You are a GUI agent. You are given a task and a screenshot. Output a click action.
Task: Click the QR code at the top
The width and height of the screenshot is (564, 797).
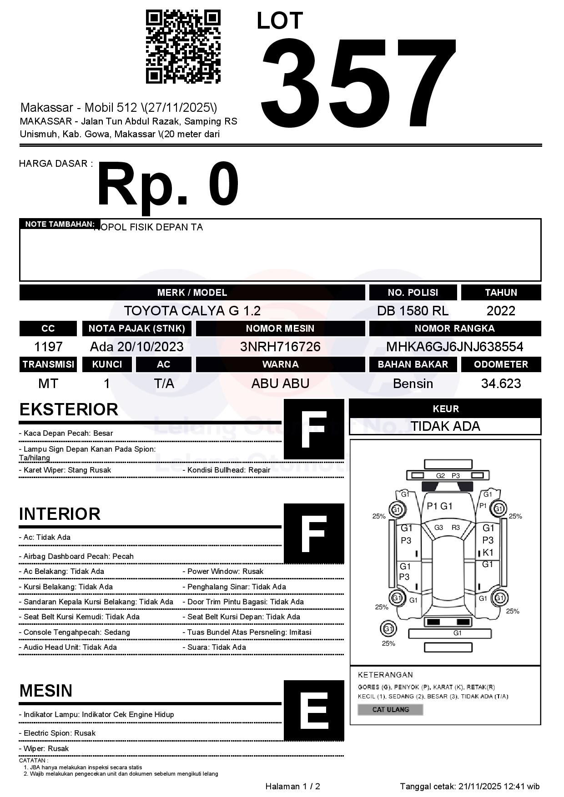[183, 47]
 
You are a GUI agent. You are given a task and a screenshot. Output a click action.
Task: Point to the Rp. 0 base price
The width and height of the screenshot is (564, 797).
[167, 185]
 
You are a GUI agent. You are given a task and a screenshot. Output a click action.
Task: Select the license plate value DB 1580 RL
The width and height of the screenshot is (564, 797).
[413, 311]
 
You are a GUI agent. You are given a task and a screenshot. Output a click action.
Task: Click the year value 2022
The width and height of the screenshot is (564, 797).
[501, 311]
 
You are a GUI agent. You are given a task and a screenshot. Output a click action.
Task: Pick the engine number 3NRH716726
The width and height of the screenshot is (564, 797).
[280, 347]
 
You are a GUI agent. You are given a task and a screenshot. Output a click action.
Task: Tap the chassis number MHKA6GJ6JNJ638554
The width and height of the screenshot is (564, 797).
[454, 347]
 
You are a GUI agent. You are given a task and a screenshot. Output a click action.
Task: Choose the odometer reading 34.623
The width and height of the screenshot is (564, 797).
[501, 384]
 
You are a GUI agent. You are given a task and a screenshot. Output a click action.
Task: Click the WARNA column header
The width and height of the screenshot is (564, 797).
[280, 364]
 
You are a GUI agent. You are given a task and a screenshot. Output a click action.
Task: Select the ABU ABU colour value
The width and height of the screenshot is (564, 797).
[280, 384]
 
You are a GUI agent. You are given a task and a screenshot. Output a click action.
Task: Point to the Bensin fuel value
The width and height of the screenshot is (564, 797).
[413, 384]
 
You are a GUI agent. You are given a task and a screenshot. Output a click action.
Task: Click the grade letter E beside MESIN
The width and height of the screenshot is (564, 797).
[314, 711]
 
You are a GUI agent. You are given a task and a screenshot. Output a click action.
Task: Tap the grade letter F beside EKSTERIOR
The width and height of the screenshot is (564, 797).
[314, 429]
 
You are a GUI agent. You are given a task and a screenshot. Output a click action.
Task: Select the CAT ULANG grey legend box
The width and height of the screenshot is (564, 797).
[390, 709]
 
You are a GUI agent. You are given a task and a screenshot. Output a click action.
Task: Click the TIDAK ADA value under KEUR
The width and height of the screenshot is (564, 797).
[445, 426]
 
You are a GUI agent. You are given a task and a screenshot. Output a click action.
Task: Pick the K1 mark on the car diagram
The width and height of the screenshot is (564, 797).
[488, 553]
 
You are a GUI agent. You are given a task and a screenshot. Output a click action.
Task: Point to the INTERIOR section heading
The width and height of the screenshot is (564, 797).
[60, 514]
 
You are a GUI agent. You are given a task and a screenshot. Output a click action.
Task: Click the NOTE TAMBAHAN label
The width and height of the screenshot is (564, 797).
[60, 224]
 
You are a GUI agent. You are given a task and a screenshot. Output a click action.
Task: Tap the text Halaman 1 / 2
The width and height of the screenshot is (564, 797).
[292, 787]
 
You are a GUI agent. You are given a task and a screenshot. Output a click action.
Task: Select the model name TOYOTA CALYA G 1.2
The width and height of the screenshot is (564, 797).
[192, 311]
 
